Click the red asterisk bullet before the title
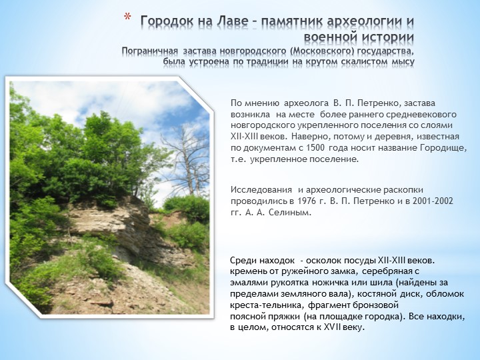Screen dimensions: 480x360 click(x=127, y=17)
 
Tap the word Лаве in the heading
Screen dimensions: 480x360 click(x=233, y=21)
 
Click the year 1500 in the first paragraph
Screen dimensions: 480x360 click(x=315, y=148)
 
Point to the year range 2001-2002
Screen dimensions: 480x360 click(x=433, y=201)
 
